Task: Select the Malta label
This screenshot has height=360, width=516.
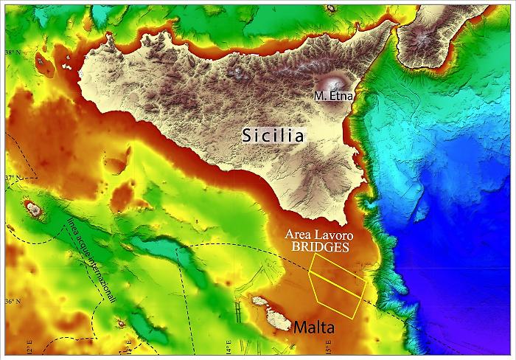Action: [x=315, y=327]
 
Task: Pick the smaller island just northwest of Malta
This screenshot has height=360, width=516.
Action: [x=259, y=301]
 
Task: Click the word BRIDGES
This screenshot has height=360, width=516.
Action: [x=319, y=248]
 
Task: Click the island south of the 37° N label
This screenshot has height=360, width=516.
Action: [x=32, y=209]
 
